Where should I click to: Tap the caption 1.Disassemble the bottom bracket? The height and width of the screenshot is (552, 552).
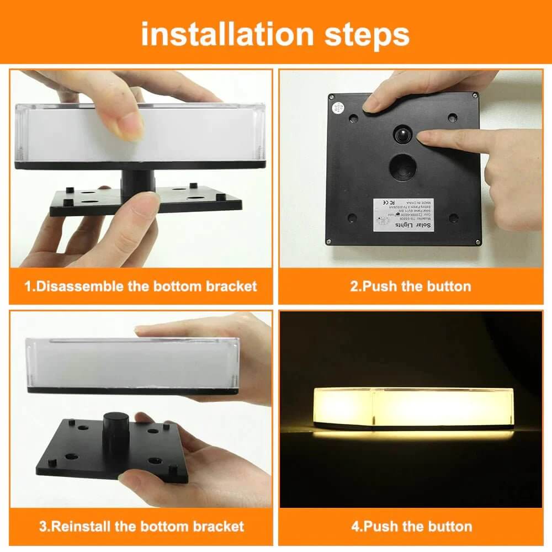click(x=141, y=286)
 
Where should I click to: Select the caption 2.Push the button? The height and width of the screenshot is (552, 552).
click(x=411, y=286)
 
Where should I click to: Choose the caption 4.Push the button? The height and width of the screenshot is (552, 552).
click(x=412, y=526)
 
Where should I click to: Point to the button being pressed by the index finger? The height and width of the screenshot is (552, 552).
click(x=402, y=135)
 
